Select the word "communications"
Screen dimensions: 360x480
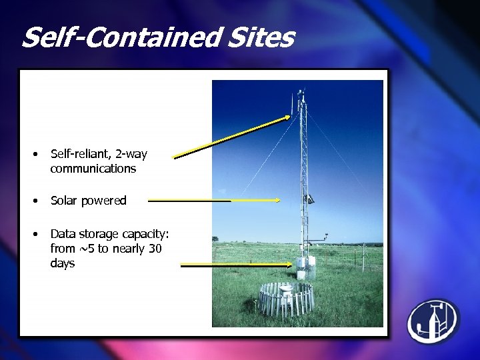click(93, 169)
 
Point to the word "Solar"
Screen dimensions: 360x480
click(65, 201)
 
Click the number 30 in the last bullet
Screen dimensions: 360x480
click(155, 249)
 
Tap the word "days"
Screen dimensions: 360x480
click(62, 263)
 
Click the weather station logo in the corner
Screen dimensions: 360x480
click(434, 321)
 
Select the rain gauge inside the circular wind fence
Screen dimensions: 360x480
click(286, 291)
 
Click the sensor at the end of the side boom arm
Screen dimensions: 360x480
click(326, 235)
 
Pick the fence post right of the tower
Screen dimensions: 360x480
click(363, 253)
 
